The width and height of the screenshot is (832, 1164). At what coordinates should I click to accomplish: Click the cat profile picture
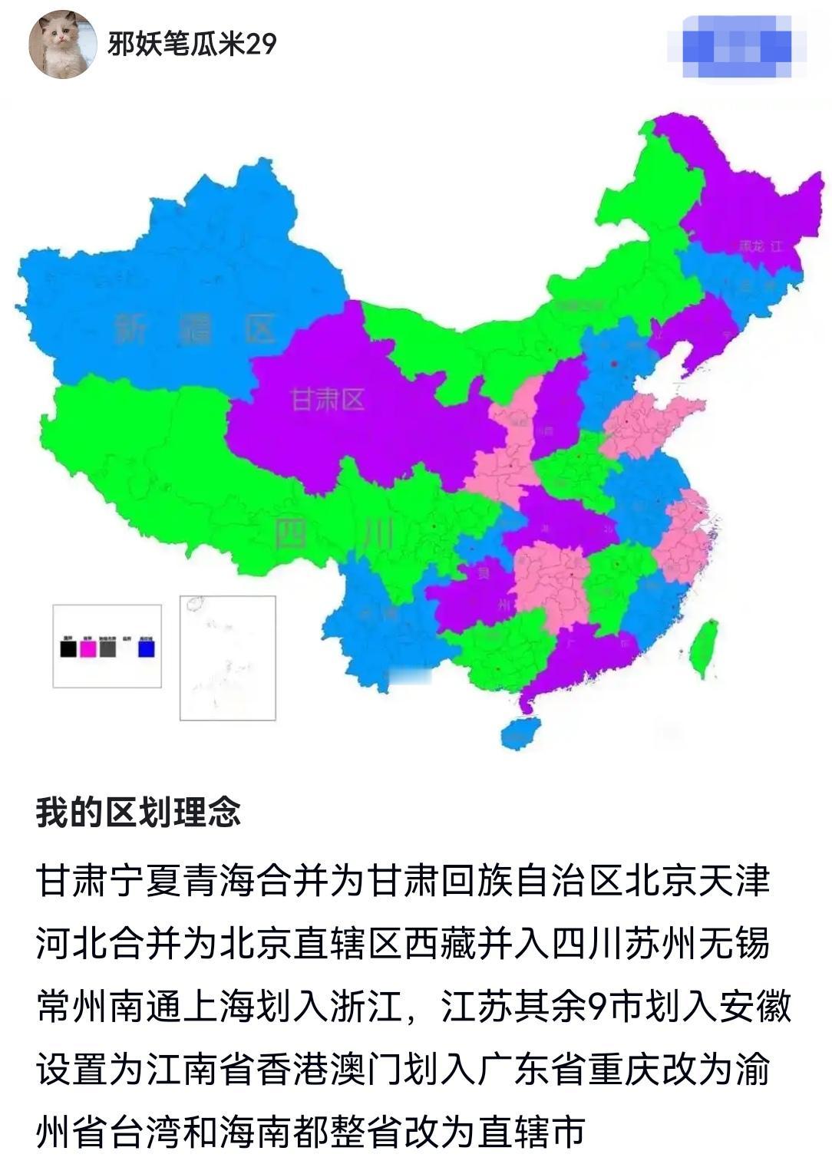click(63, 45)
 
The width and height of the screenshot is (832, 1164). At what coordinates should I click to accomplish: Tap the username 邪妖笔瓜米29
click(192, 44)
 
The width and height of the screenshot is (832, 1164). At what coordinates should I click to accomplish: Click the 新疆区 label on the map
click(196, 330)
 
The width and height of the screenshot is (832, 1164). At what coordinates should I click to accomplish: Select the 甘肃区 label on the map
click(328, 399)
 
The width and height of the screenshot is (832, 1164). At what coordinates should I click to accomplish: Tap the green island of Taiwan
click(703, 648)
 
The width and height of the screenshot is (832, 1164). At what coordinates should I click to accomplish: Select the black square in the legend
click(68, 648)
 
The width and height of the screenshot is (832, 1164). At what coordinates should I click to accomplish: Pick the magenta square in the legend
click(88, 648)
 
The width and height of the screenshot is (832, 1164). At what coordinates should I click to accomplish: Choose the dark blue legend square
click(146, 648)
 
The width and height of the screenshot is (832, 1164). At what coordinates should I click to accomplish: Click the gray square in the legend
click(107, 648)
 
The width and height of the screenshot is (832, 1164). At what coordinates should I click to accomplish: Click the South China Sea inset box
click(227, 658)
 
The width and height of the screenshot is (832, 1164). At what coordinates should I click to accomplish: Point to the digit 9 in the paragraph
click(598, 1006)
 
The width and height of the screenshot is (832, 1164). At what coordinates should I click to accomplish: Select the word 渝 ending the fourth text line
click(752, 1069)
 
